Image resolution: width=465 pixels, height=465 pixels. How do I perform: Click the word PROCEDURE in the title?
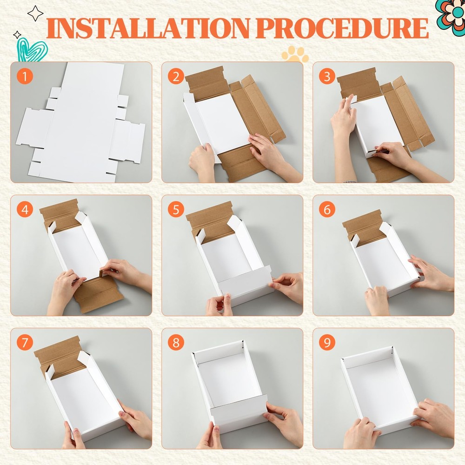(x=341, y=28)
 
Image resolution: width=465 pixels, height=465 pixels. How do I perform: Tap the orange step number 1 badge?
(x=25, y=76)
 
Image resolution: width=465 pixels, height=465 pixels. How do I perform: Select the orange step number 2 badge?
(x=176, y=76)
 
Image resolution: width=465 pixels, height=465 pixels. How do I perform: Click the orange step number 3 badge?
(x=327, y=76)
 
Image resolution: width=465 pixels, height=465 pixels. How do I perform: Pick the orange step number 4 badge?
(x=25, y=209)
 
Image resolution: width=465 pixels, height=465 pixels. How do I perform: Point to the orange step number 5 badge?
(x=176, y=209)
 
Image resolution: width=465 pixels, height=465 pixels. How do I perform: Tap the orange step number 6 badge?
(x=327, y=209)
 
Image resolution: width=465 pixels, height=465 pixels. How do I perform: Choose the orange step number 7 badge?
(x=25, y=343)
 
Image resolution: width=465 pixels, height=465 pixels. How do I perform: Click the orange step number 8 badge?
(x=176, y=343)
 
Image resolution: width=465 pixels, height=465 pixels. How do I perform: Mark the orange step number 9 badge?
(x=327, y=343)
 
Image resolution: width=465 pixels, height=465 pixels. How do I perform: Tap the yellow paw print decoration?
(x=295, y=54)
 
